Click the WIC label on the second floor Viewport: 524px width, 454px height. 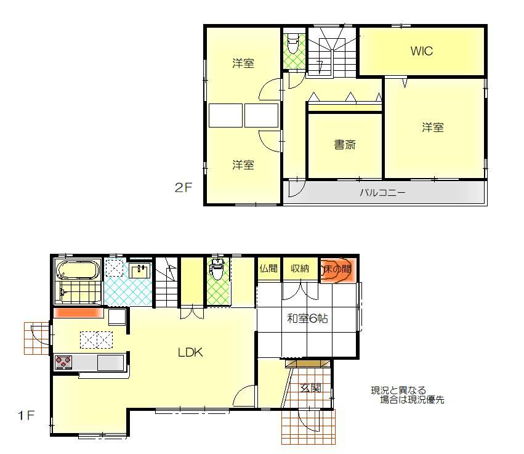tap(421, 51)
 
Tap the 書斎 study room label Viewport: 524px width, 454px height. tap(345, 145)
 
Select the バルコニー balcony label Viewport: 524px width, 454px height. tap(382, 193)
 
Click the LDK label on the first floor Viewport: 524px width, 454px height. tap(190, 352)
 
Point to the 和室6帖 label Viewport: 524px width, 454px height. tap(307, 318)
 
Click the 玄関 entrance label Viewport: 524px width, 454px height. tap(310, 388)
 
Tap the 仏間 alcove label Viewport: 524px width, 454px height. tap(268, 268)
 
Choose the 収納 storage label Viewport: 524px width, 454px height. tap(300, 268)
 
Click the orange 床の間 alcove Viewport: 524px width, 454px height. tap(337, 270)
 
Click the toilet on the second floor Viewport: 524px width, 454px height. tap(293, 44)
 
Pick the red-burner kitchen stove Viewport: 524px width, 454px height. tap(63, 362)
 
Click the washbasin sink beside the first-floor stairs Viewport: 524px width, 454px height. tap(140, 270)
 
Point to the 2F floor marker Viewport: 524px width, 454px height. tap(183, 187)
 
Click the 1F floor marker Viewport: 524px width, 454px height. tap(26, 416)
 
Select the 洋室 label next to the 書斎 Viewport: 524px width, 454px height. tap(433, 128)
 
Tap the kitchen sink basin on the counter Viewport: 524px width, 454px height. tap(111, 362)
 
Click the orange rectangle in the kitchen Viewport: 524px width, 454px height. tap(78, 312)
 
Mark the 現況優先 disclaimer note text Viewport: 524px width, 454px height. tap(408, 395)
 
